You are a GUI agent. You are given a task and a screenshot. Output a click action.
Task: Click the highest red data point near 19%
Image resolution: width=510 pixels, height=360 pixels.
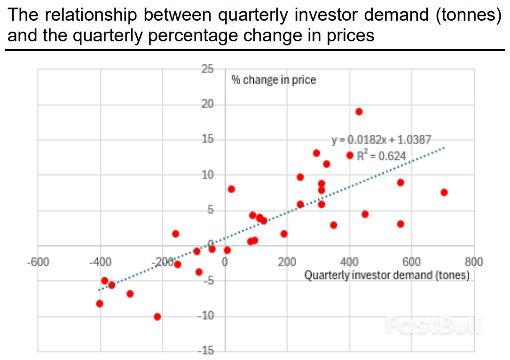click(359, 111)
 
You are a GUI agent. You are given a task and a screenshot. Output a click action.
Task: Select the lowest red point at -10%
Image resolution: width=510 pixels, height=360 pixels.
click(157, 317)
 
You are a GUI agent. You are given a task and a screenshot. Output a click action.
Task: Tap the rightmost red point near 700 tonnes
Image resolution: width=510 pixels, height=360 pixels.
click(444, 192)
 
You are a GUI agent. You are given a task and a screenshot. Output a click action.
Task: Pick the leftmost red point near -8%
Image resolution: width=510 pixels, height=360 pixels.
click(100, 304)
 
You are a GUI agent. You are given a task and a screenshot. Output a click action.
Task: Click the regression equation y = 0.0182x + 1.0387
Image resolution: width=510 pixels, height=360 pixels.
click(381, 140)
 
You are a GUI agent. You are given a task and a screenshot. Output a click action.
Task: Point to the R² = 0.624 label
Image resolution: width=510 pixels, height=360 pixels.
click(381, 156)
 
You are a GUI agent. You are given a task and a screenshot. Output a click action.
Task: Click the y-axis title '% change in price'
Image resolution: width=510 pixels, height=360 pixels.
click(274, 80)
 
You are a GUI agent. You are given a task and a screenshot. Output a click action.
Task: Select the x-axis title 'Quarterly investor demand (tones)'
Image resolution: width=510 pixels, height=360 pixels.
click(387, 275)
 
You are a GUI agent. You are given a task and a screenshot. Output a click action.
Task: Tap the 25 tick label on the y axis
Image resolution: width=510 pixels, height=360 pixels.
click(207, 69)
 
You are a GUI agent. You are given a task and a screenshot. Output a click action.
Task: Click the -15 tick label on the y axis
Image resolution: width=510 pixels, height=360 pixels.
click(205, 351)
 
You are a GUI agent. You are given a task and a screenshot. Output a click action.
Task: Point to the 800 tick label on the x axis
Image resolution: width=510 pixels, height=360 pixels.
click(474, 262)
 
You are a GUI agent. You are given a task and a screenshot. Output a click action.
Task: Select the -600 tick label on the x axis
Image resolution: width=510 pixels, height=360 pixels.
click(38, 262)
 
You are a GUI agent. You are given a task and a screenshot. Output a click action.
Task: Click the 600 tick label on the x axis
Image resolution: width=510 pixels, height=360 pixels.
click(412, 262)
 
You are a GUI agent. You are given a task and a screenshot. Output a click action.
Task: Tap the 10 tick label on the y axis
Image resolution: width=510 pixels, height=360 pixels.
click(207, 175)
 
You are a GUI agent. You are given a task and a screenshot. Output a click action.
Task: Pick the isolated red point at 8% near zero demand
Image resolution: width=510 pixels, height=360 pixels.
click(231, 189)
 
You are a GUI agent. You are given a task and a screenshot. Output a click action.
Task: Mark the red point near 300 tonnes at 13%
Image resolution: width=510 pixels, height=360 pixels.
click(316, 153)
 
